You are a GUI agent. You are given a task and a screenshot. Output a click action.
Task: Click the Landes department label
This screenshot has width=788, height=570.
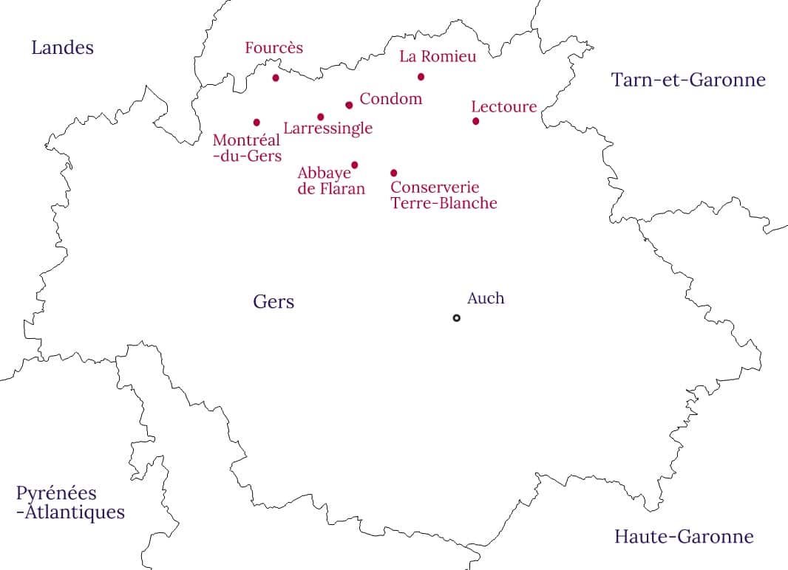point(62,48)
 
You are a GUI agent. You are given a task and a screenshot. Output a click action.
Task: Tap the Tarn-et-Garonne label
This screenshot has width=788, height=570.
point(687,80)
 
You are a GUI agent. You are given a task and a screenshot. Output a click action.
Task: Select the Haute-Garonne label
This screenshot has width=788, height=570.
point(684,537)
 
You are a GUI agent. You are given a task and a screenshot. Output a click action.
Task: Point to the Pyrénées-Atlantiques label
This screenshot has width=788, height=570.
point(69,503)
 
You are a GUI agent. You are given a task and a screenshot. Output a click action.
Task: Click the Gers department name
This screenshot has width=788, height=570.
point(274,301)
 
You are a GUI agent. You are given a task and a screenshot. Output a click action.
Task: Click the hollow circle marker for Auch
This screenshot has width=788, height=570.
point(456,317)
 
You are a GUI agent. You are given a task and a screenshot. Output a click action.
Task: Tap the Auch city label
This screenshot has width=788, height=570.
point(486,298)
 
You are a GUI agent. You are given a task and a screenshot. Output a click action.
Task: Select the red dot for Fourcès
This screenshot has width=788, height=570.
point(276,78)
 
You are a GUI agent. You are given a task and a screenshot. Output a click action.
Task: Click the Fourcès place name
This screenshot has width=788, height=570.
point(274,48)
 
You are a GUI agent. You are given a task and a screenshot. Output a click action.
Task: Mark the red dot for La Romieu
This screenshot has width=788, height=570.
point(421,77)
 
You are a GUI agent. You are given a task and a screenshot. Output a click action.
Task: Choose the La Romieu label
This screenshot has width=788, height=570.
point(438,56)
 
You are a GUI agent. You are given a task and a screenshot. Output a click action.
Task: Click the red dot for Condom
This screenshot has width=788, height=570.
point(349,105)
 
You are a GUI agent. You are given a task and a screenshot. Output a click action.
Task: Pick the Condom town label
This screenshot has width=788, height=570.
point(390,99)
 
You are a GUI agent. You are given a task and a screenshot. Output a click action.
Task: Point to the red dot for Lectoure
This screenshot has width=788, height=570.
point(475,121)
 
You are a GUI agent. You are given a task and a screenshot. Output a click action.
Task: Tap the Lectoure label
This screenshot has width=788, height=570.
point(503,107)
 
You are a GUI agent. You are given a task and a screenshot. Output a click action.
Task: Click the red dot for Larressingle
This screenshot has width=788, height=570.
point(320,117)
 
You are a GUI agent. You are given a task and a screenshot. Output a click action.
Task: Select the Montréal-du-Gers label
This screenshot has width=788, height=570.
point(247,148)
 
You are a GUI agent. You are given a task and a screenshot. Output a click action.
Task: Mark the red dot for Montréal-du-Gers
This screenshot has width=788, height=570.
point(257,122)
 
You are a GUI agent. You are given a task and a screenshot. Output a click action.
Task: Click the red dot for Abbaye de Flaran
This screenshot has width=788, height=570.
point(355,165)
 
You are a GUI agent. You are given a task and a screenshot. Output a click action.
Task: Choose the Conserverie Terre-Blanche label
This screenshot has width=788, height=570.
point(444,196)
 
